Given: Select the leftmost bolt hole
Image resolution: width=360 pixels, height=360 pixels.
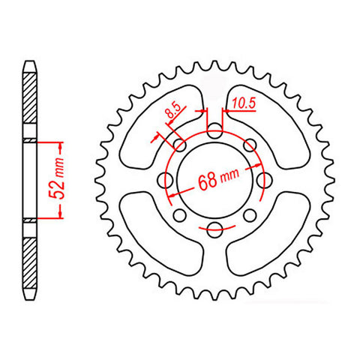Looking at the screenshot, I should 164,180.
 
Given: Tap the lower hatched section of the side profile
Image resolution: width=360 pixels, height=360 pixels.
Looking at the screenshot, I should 29,259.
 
